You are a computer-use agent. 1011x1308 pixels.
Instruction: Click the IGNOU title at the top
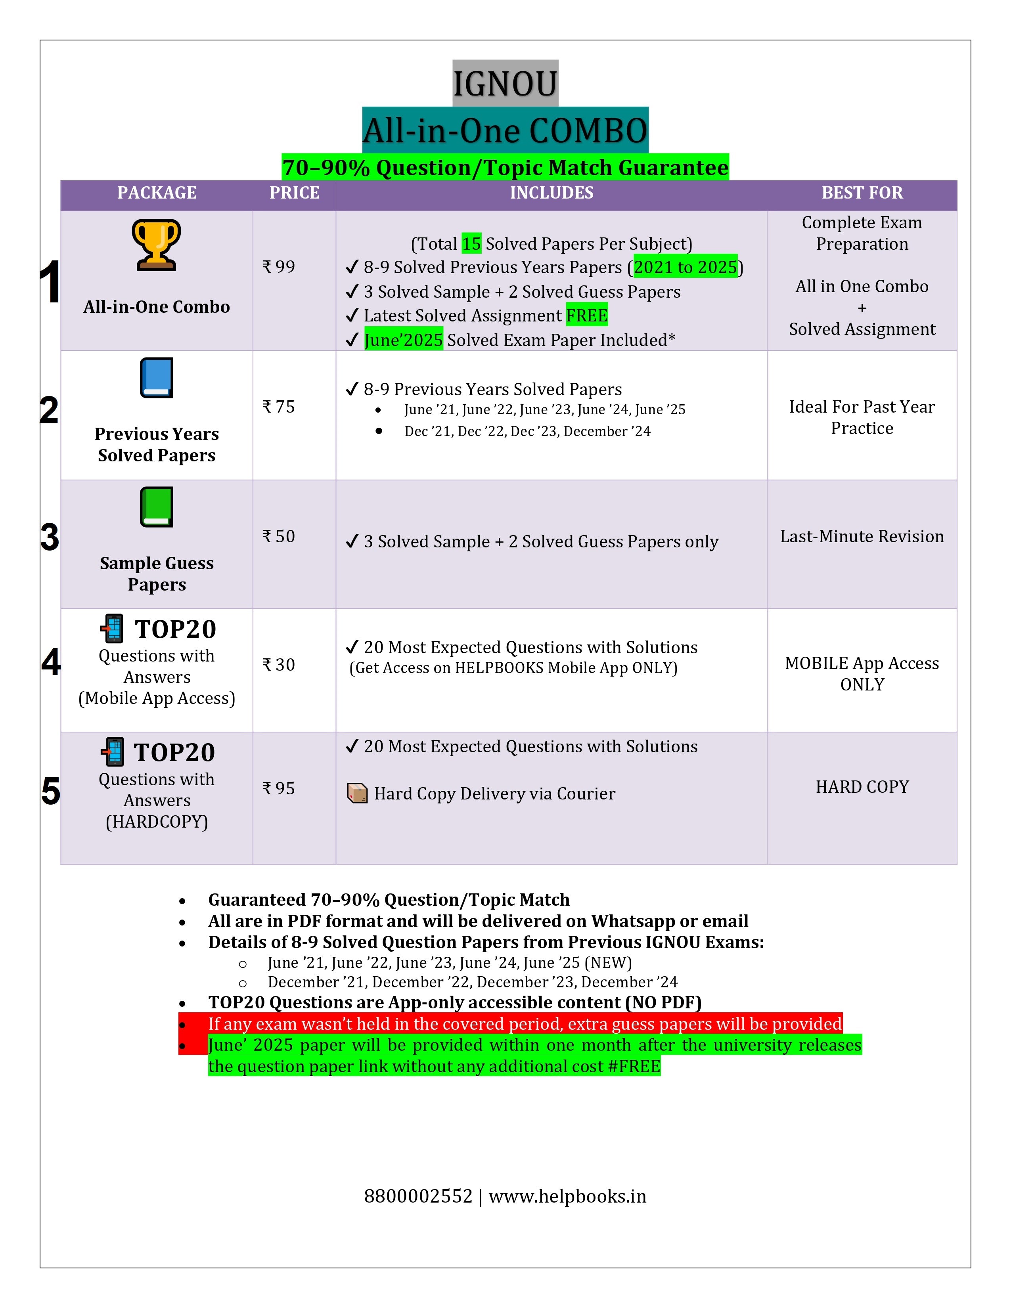505,84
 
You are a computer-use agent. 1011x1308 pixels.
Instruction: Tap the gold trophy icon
156,244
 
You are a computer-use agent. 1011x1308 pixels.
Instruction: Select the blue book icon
156,377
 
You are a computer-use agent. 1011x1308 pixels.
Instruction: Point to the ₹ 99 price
279,266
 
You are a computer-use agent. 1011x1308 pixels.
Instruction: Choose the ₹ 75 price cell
279,407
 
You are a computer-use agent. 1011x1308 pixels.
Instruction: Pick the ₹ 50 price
279,536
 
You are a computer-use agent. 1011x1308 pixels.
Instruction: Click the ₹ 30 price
279,664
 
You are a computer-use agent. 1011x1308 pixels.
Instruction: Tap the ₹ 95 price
279,788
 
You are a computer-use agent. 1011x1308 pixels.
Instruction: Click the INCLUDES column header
551,193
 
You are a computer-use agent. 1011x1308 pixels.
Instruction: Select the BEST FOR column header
862,193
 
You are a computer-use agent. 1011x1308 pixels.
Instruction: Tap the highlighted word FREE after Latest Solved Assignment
587,316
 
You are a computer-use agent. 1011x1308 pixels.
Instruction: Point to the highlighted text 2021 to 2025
685,267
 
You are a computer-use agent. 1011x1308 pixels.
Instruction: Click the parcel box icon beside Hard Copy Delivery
358,794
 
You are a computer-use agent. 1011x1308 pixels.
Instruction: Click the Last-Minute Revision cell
862,537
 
